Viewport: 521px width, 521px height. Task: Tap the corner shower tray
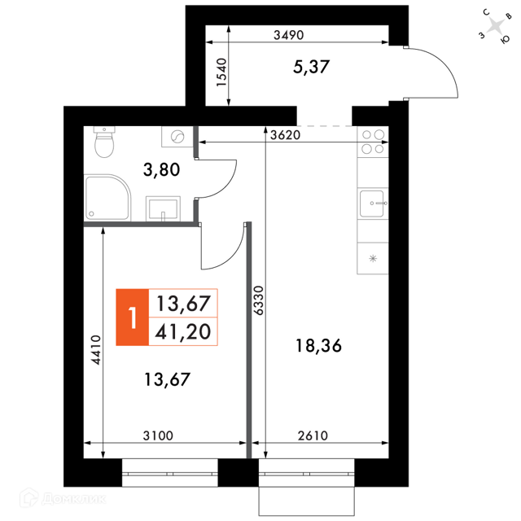tap(107, 197)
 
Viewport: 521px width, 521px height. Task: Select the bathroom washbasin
tap(163, 208)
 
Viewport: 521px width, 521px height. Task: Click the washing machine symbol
tap(177, 137)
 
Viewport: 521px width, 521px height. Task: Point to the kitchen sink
tap(373, 204)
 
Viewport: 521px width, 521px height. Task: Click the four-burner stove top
tap(373, 142)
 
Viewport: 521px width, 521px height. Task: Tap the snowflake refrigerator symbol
tap(373, 258)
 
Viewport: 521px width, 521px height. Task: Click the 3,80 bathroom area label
tap(161, 169)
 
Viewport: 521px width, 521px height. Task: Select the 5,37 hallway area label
tap(311, 67)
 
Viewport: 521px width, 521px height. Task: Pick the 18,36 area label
tap(318, 345)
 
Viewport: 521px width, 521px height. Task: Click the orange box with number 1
tap(132, 317)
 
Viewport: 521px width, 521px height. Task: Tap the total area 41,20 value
tap(182, 331)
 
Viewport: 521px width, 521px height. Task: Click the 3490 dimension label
tap(288, 35)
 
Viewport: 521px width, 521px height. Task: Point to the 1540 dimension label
tap(221, 72)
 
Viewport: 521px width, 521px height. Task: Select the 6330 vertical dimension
tap(258, 300)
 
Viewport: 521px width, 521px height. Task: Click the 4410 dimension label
tap(96, 350)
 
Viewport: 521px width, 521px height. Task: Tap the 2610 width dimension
tap(313, 436)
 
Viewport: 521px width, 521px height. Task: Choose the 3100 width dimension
tap(158, 436)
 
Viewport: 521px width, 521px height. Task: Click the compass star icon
tap(496, 26)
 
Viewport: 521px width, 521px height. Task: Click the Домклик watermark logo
tap(63, 498)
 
